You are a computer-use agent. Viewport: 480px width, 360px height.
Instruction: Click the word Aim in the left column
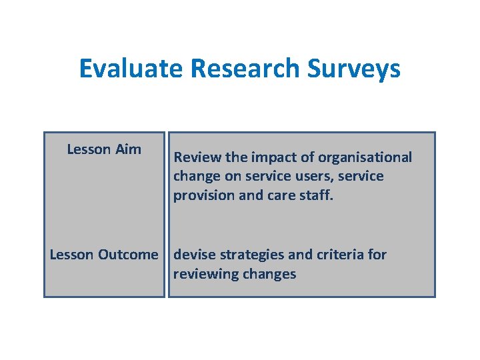coord(128,149)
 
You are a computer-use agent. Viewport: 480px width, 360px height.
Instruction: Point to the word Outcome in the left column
coord(128,255)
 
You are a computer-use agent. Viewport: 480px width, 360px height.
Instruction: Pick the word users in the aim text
coord(307,176)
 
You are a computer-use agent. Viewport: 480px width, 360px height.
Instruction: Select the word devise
coord(194,255)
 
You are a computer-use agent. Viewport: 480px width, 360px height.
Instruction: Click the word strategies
coord(252,255)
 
